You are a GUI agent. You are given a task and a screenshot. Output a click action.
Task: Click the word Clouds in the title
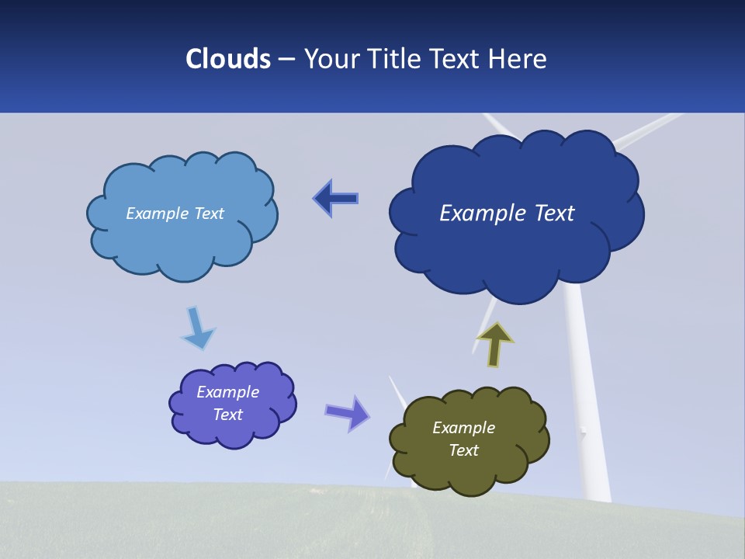tap(228, 59)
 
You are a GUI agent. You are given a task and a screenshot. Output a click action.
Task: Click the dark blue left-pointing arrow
tap(336, 199)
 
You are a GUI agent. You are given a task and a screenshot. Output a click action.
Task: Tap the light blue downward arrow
tap(197, 329)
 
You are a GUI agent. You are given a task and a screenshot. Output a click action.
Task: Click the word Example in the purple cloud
tap(227, 392)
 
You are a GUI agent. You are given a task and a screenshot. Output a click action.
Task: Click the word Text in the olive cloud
tap(463, 450)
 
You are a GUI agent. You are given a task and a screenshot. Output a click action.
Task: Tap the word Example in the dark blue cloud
tap(477, 213)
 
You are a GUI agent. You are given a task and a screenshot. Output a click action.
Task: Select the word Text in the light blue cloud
tap(208, 214)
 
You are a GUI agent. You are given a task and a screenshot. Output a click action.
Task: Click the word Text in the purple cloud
tap(227, 415)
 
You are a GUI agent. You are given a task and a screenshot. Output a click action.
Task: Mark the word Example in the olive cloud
tap(463, 428)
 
